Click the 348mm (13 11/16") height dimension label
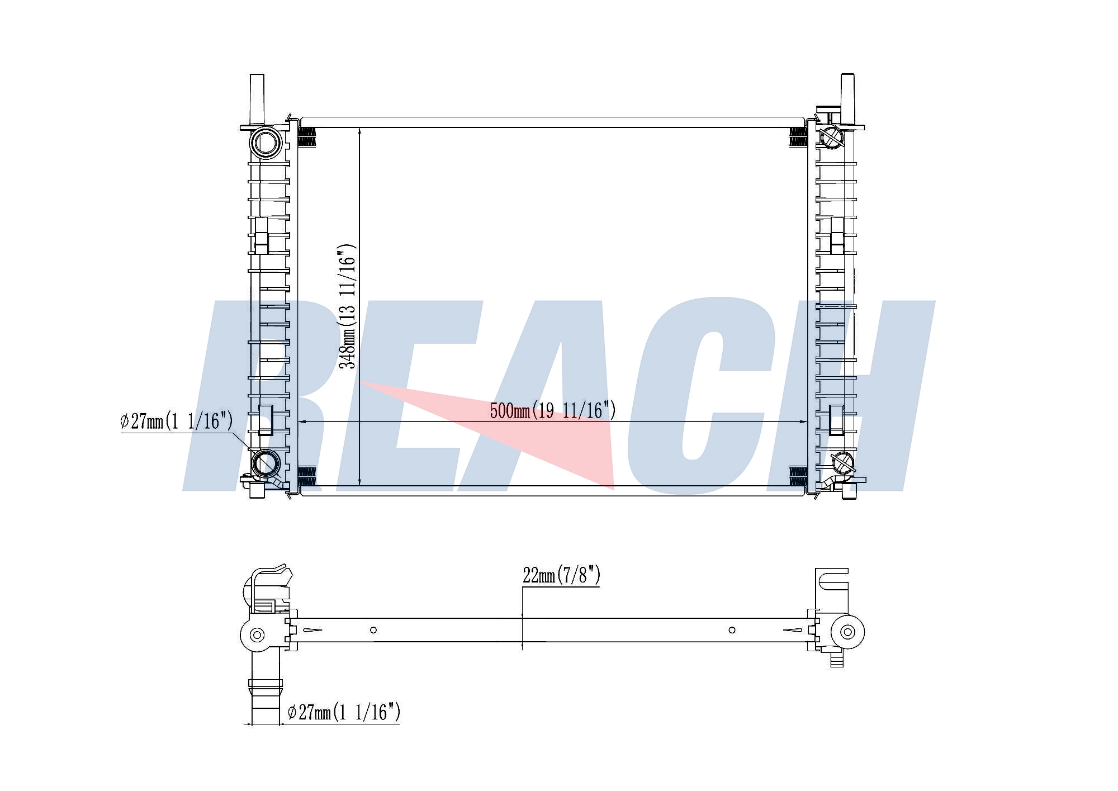[x=347, y=306]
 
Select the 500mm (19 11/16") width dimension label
[x=553, y=411]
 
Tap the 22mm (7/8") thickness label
[x=561, y=575]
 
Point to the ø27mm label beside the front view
[x=177, y=421]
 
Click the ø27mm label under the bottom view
[x=344, y=712]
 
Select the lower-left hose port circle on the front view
[x=266, y=463]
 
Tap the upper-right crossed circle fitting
[x=831, y=136]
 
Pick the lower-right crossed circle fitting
[x=842, y=463]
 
